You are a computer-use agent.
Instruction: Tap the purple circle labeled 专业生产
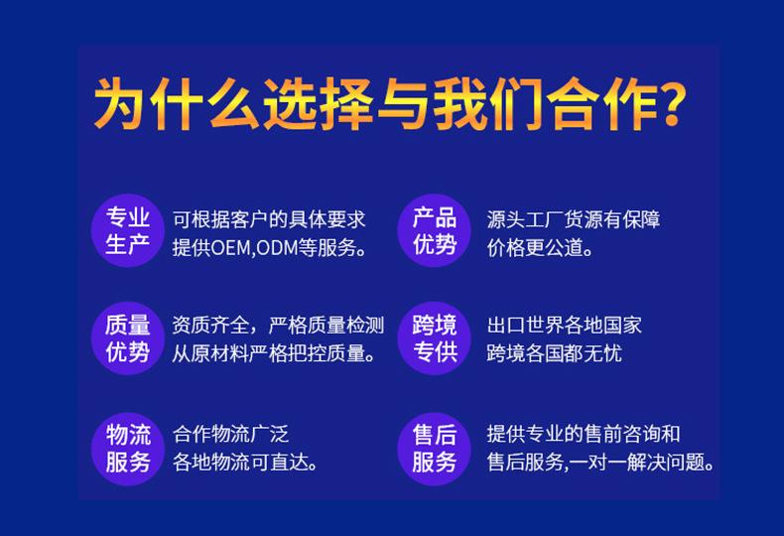128,230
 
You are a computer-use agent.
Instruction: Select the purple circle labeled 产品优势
434,230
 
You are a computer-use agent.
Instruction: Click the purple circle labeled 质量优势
128,338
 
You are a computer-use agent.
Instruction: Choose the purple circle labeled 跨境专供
434,338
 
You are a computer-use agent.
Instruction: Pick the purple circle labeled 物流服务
128,449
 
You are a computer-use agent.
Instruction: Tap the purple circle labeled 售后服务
434,449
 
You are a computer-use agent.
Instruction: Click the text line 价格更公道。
540,247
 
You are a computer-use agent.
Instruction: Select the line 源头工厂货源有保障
574,219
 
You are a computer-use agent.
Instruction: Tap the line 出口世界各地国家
564,326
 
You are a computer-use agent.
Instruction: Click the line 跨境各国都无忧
555,353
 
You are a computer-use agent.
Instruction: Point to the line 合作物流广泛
230,434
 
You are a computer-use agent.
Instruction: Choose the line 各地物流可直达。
245,462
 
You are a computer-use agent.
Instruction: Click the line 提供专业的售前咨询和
584,434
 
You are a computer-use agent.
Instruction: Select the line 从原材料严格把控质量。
274,353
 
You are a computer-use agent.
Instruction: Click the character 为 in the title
119,104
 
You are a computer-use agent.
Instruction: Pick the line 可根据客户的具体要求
269,219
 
